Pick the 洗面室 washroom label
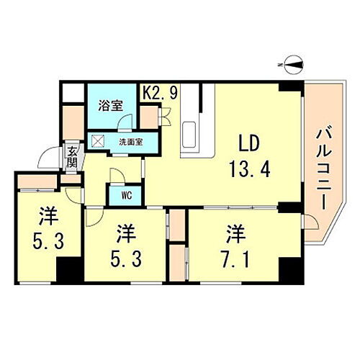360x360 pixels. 130,141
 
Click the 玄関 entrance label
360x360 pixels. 73,156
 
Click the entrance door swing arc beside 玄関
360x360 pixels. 49,157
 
